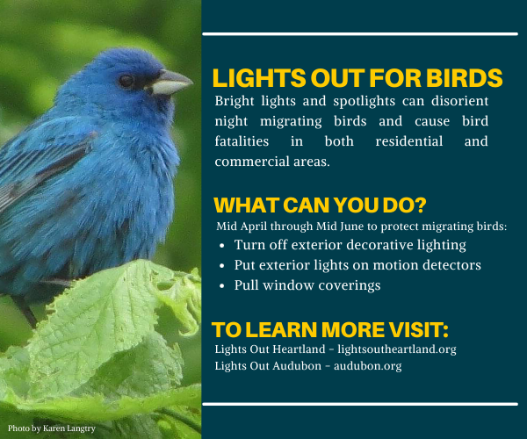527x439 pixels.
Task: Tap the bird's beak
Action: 169,83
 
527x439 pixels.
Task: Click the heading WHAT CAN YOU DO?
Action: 321,206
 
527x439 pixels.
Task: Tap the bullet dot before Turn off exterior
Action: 222,246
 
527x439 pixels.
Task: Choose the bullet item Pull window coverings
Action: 296,284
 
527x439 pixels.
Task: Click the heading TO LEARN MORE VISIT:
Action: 330,330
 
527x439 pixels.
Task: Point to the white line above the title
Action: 360,34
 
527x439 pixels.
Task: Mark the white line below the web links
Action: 360,404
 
